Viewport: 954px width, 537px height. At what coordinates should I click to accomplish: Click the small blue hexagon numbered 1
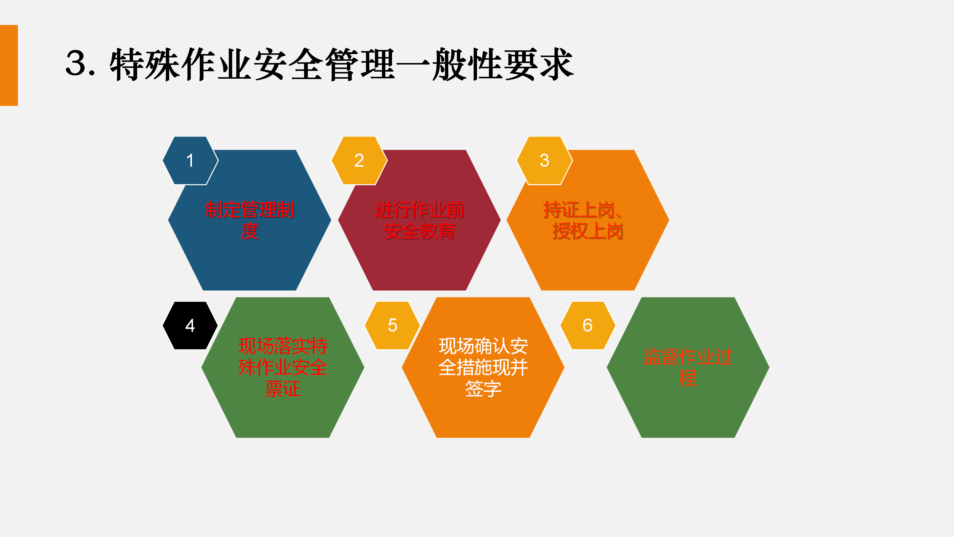point(190,160)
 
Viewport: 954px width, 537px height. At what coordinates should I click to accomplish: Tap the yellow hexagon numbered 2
point(359,160)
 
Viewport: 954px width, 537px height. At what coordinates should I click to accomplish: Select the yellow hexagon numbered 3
point(544,160)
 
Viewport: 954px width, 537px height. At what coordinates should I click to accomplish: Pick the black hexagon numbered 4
point(190,326)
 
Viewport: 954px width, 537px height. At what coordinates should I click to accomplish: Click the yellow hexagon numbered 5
point(392,326)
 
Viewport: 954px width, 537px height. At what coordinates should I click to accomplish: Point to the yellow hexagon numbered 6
point(588,326)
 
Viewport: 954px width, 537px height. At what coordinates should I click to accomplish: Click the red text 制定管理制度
point(249,220)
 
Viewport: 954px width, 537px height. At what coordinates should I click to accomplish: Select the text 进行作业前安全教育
point(420,220)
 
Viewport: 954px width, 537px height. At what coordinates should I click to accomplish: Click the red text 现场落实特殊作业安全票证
point(283,367)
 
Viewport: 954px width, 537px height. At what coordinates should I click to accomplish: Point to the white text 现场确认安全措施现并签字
point(483,367)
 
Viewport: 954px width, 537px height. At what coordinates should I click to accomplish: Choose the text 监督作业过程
point(688,367)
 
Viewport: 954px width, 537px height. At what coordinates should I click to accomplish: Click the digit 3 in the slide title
point(78,63)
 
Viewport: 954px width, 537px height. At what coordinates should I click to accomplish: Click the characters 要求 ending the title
point(538,64)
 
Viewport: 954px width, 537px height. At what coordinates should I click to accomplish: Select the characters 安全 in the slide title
point(288,64)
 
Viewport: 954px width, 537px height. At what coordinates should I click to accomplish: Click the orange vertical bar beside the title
point(9,65)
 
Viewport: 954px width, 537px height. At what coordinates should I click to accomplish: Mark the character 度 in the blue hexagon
point(249,231)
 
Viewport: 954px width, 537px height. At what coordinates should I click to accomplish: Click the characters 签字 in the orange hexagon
point(483,389)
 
